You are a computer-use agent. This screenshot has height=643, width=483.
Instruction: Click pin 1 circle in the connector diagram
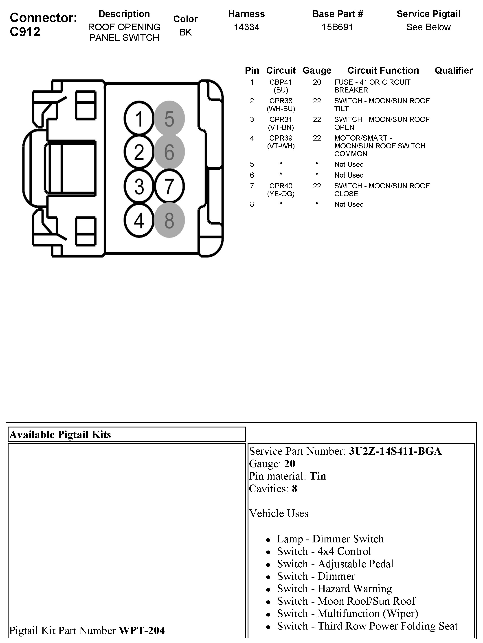pyautogui.click(x=139, y=118)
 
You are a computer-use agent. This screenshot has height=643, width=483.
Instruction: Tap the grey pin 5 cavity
pyautogui.click(x=169, y=118)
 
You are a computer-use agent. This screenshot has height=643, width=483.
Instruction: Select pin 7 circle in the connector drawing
pyautogui.click(x=169, y=186)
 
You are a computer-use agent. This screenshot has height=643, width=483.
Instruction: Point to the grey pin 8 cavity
pyautogui.click(x=169, y=220)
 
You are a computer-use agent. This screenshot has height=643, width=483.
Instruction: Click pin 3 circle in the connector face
pyautogui.click(x=139, y=186)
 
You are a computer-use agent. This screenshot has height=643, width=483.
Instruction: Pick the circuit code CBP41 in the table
pyautogui.click(x=281, y=82)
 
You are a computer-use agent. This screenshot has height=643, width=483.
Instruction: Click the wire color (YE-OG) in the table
pyautogui.click(x=281, y=194)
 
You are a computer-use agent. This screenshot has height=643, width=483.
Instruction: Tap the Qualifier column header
pyautogui.click(x=453, y=70)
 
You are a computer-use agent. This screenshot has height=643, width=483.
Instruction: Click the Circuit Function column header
pyautogui.click(x=383, y=70)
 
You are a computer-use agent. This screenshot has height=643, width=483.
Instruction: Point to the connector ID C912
pyautogui.click(x=25, y=32)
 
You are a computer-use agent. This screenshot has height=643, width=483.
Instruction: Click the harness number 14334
pyautogui.click(x=246, y=27)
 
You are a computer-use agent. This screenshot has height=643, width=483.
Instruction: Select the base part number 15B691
pyautogui.click(x=337, y=27)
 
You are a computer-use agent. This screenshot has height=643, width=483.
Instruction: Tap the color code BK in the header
pyautogui.click(x=185, y=32)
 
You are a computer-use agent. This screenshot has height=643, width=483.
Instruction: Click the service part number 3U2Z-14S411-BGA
pyautogui.click(x=395, y=451)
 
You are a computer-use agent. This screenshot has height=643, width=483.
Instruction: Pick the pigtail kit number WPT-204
pyautogui.click(x=142, y=630)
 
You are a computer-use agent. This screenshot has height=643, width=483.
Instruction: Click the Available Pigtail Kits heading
pyautogui.click(x=60, y=434)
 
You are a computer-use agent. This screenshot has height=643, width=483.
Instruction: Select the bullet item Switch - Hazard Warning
pyautogui.click(x=334, y=588)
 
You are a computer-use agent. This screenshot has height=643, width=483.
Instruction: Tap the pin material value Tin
pyautogui.click(x=318, y=476)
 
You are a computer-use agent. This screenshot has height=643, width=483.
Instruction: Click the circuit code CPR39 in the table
pyautogui.click(x=281, y=138)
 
